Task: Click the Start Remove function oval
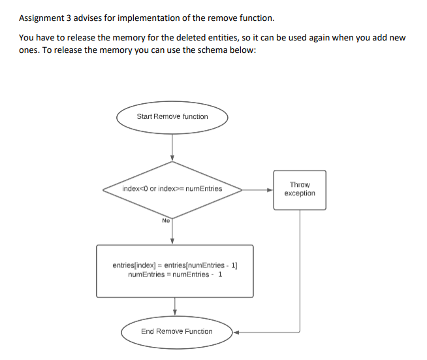point(172,117)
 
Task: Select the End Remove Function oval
point(177,331)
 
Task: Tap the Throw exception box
point(300,189)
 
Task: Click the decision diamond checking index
point(172,189)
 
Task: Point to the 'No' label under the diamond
point(166,221)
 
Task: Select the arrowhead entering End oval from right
point(237,331)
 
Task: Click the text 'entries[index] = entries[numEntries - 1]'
point(175,266)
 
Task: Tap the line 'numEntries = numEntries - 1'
point(175,274)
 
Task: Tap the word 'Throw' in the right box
point(300,185)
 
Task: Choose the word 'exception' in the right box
point(300,193)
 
